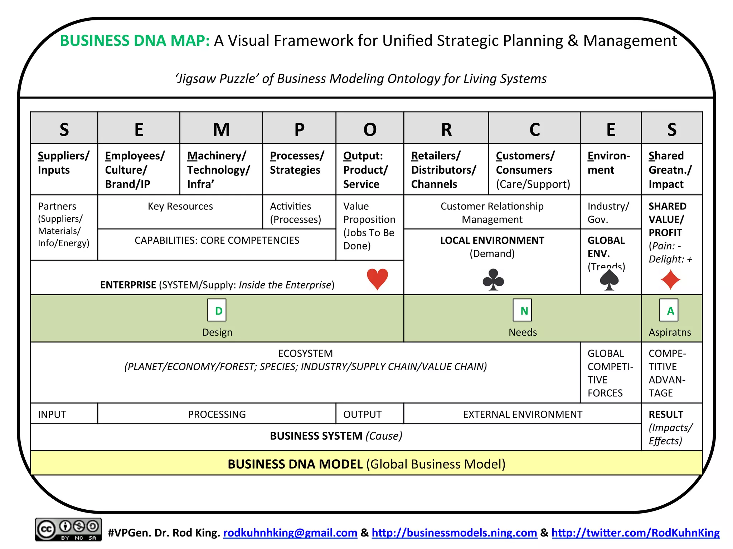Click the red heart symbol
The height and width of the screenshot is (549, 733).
[377, 279]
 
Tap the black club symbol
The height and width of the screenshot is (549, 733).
[493, 280]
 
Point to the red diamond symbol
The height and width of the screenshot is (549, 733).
[670, 280]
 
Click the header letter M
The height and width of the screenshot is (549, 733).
[221, 129]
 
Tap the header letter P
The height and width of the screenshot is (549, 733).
[299, 129]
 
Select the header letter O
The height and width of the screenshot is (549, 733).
[370, 129]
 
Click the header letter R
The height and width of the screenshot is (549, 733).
[446, 129]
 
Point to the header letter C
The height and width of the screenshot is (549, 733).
[534, 129]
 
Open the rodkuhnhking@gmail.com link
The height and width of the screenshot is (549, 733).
[290, 533]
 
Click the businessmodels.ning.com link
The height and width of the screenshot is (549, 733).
[454, 533]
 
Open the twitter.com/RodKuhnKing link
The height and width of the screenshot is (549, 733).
[635, 533]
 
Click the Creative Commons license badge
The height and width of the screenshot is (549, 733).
[68, 529]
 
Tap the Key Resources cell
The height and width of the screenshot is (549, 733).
[180, 207]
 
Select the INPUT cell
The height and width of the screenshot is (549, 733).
[52, 414]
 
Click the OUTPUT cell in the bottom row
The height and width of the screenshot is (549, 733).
[362, 414]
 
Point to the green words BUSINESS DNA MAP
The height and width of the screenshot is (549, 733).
[135, 41]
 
